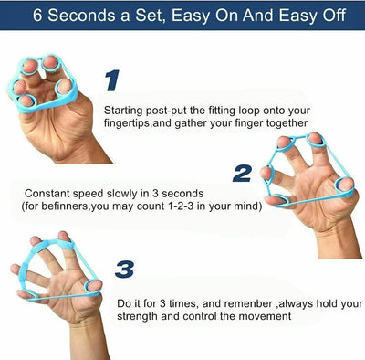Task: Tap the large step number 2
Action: pyautogui.click(x=241, y=173)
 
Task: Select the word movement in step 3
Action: pyautogui.click(x=266, y=316)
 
